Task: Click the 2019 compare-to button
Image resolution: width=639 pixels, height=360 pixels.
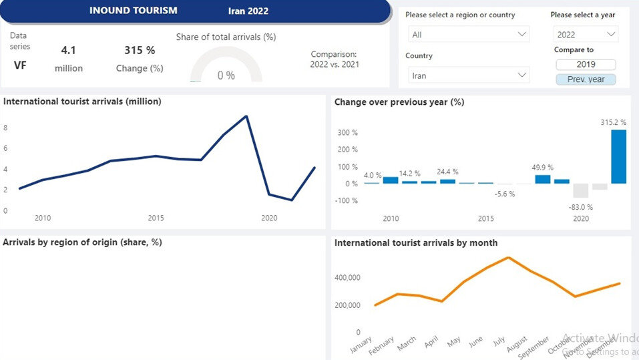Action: [586, 65]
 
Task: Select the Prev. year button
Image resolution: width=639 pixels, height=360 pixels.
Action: [586, 79]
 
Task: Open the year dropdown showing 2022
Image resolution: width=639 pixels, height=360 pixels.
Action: [586, 34]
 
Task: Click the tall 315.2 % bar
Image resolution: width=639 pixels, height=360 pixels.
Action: [619, 156]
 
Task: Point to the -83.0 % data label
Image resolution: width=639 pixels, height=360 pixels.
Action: [580, 207]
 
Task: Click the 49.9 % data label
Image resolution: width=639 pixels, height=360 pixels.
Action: [542, 167]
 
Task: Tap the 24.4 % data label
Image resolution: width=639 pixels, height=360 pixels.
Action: [447, 172]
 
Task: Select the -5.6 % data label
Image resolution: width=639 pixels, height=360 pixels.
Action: [504, 194]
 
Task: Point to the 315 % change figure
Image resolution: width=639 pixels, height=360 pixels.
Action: [140, 50]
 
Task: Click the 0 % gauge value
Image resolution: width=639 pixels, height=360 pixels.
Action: [226, 75]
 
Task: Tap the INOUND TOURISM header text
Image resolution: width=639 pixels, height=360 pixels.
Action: [134, 11]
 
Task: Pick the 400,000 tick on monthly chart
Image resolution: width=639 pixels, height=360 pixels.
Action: [347, 277]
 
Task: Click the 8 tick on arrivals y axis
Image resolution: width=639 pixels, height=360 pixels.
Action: [5, 127]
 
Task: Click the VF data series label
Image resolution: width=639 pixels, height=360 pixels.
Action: [20, 65]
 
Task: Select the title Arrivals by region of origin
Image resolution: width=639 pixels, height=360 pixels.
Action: [82, 242]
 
